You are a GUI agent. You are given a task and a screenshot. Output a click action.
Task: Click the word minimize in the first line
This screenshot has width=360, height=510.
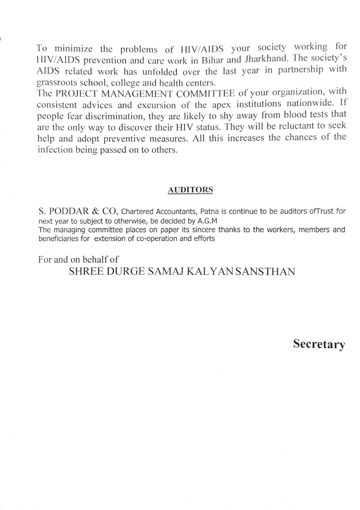pos(74,48)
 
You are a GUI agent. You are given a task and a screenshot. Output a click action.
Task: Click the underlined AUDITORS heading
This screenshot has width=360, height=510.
pos(190,190)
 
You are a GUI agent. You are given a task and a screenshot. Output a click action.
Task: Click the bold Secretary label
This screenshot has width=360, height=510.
pos(319,344)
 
